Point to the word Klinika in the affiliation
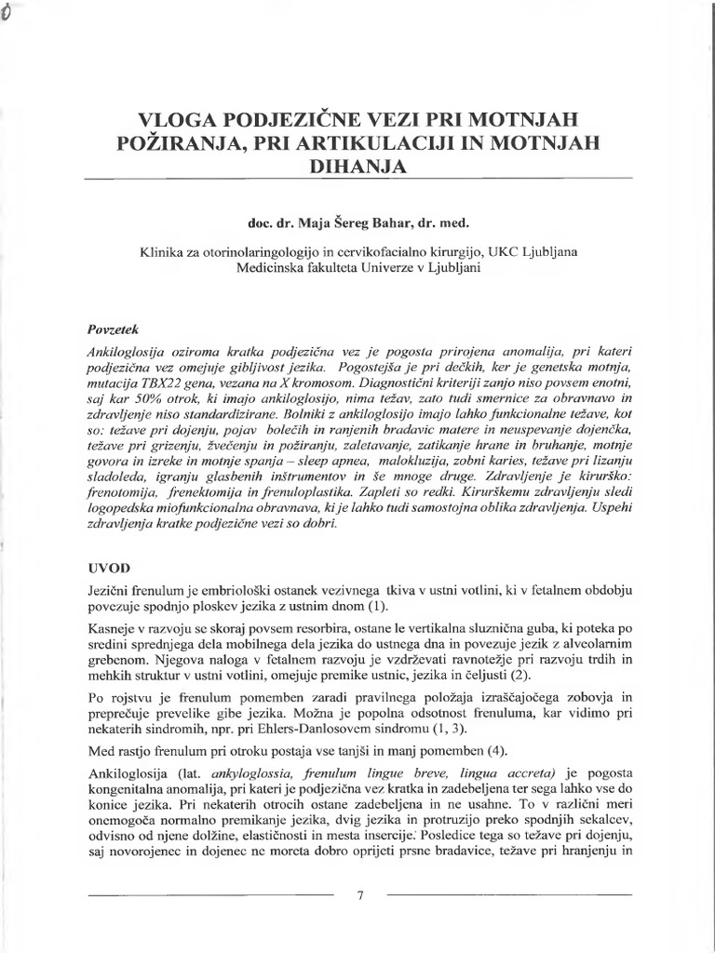click(x=160, y=249)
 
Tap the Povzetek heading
click(x=111, y=329)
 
